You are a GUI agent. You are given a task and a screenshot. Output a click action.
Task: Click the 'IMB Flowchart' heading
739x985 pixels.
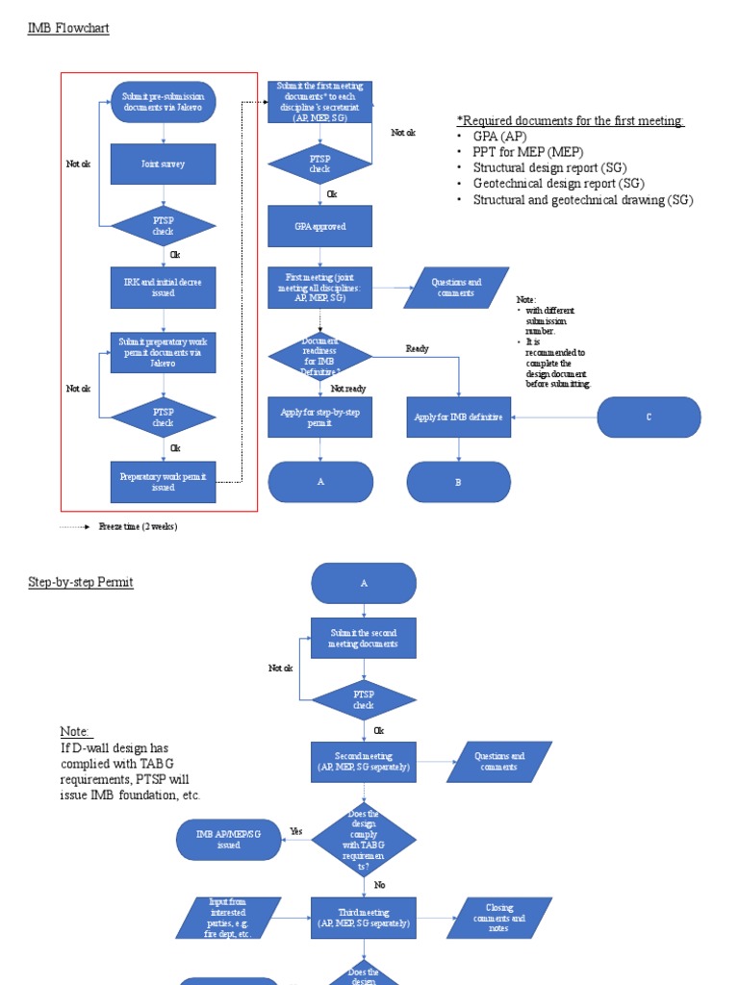[x=68, y=29]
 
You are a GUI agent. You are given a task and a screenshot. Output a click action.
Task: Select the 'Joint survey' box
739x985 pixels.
[x=164, y=164]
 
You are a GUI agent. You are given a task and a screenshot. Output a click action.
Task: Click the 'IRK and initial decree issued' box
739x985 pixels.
[x=164, y=288]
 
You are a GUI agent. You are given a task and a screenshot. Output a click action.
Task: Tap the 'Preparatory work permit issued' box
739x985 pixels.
[x=164, y=482]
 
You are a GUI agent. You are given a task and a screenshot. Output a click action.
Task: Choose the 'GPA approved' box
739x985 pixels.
[x=319, y=226]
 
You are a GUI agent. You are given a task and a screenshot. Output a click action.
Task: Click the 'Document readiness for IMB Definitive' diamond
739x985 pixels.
[x=319, y=357]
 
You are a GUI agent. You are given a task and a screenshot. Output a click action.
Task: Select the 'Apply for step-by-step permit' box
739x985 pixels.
[x=319, y=417]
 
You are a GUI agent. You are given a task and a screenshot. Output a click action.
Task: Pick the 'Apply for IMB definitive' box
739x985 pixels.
[x=458, y=417]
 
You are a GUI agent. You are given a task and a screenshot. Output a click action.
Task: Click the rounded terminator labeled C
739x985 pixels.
[x=649, y=417]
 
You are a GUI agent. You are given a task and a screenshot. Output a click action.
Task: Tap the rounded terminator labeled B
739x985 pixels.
[x=458, y=482]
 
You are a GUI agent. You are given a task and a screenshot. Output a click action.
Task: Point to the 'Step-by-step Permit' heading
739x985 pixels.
[x=81, y=583]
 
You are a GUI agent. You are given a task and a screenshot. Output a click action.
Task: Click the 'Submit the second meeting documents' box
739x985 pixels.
[x=364, y=638]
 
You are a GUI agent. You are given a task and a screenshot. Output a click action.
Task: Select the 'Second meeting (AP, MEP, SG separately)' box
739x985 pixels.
[x=364, y=762]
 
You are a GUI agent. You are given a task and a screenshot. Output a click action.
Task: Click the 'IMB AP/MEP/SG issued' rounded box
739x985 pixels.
[x=228, y=840]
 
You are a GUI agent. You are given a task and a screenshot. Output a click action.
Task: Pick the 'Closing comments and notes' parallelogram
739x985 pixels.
[x=499, y=918]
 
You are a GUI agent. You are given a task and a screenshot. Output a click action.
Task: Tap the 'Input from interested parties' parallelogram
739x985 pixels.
[x=228, y=918]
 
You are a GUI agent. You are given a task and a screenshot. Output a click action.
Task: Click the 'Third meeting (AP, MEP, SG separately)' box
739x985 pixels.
[x=364, y=918]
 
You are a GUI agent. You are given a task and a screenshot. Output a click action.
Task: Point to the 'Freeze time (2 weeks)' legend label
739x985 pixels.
[x=138, y=527]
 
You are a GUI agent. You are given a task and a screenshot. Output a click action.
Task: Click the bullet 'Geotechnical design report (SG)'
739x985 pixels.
[x=558, y=184]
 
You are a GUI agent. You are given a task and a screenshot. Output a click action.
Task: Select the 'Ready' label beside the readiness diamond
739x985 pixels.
[x=417, y=349]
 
